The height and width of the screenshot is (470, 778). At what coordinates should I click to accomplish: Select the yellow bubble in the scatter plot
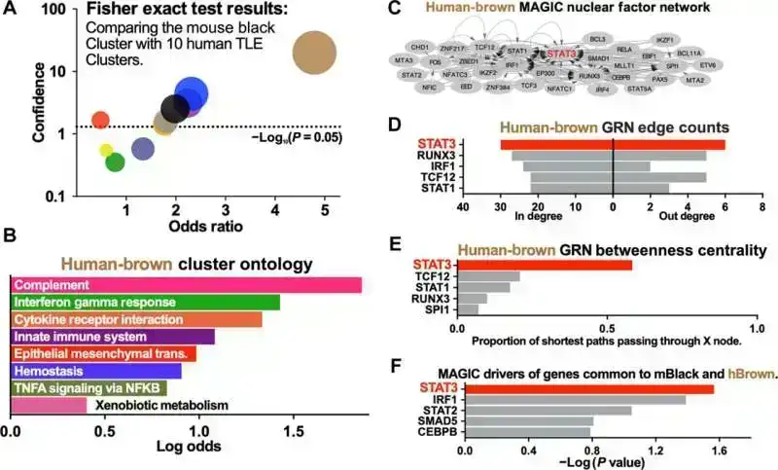[x=107, y=150]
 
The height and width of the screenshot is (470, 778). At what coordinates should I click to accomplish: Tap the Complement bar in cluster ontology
[x=186, y=284]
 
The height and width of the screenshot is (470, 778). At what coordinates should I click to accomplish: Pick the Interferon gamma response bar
[x=145, y=302]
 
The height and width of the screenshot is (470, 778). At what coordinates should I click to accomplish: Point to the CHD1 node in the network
[x=420, y=46]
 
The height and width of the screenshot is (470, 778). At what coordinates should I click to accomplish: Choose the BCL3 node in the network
[x=597, y=39]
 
